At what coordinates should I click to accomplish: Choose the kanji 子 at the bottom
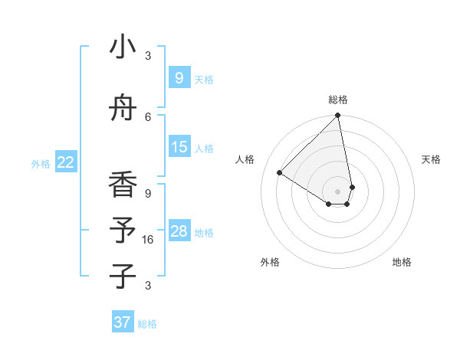[123, 276]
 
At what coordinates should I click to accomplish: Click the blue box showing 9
[179, 77]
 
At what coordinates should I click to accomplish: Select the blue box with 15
[179, 147]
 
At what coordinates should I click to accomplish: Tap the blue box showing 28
[179, 231]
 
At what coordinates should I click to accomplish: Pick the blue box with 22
[66, 162]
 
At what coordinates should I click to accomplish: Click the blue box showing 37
[122, 322]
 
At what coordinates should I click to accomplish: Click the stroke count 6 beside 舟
[148, 116]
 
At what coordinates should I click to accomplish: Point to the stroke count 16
[148, 240]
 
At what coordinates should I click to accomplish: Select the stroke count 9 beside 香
[148, 193]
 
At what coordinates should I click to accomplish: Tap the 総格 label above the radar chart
[337, 100]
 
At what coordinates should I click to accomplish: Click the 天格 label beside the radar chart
[431, 159]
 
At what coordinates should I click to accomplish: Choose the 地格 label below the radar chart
[402, 262]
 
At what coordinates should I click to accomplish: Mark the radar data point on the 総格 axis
[337, 116]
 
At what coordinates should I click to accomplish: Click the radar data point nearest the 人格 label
[280, 173]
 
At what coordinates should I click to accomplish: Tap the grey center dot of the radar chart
[337, 191]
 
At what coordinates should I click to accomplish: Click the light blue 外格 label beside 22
[41, 163]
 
